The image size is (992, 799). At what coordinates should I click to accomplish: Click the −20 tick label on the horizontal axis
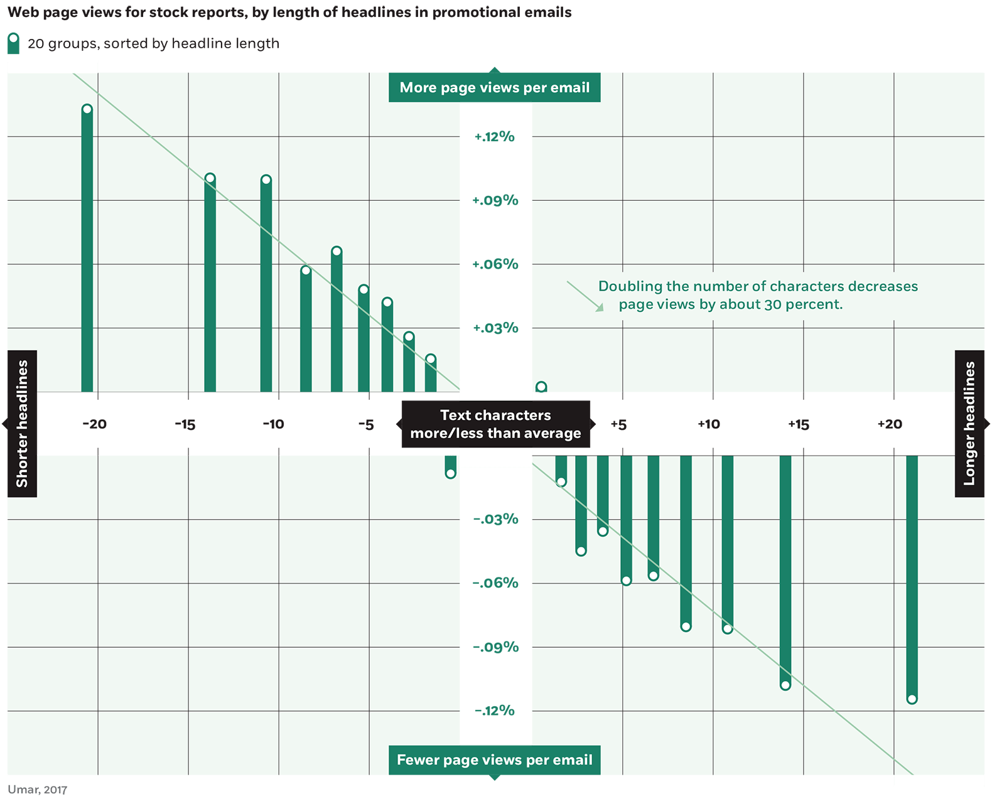click(x=94, y=424)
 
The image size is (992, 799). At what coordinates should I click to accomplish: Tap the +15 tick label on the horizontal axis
click(x=799, y=425)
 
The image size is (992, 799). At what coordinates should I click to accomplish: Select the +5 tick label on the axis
click(x=618, y=425)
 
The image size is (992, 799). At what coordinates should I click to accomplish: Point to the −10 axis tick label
click(x=273, y=424)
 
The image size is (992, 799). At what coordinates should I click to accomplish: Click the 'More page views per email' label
click(x=495, y=87)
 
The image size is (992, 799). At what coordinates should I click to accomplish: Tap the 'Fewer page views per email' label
click(x=495, y=760)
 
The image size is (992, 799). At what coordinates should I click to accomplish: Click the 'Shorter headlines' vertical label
click(x=22, y=424)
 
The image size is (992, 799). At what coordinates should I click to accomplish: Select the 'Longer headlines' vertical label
click(x=969, y=424)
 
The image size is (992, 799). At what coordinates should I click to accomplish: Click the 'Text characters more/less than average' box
click(x=495, y=424)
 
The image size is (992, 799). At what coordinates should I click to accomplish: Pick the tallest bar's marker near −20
click(x=87, y=110)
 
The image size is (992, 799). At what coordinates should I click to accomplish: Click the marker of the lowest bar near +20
click(x=912, y=699)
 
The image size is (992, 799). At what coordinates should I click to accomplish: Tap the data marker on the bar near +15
click(x=785, y=685)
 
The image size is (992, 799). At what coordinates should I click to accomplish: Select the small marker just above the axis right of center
click(x=541, y=387)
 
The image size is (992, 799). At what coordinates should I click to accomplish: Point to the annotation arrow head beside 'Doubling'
click(x=600, y=308)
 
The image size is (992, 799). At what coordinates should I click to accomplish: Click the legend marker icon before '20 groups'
click(x=13, y=43)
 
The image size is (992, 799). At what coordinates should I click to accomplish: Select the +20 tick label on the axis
click(x=889, y=424)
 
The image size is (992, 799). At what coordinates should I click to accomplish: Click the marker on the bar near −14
click(x=210, y=178)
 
